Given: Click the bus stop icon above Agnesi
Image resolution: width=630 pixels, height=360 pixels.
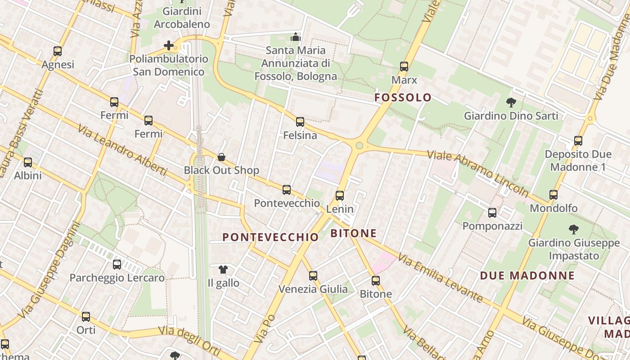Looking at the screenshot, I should [57, 51].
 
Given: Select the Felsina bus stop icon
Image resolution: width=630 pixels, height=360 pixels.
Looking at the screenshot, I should [300, 122].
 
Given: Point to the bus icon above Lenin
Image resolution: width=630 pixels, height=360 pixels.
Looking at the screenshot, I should [340, 196].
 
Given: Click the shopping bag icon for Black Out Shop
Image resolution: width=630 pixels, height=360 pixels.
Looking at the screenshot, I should [221, 157].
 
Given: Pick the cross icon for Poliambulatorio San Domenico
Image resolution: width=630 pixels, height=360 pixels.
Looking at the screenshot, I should [169, 45].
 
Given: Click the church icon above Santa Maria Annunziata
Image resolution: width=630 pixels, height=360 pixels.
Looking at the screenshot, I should [296, 37].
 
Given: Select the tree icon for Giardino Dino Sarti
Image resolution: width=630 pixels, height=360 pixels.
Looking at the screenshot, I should [511, 103].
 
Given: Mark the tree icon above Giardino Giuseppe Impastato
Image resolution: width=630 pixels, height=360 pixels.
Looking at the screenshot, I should [573, 229].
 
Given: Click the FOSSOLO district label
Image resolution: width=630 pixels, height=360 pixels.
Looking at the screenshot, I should [403, 98].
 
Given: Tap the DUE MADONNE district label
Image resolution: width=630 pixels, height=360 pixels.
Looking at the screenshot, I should [527, 276].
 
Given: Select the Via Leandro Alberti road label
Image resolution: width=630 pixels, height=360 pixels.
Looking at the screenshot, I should [122, 150].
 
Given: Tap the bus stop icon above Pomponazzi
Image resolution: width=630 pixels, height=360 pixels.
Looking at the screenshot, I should [492, 213].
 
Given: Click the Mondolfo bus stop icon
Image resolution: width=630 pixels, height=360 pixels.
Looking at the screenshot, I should [553, 195].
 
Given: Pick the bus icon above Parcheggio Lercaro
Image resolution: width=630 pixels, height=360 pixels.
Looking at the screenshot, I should [117, 265].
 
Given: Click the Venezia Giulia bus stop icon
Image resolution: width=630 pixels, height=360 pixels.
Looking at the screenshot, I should [313, 276].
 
